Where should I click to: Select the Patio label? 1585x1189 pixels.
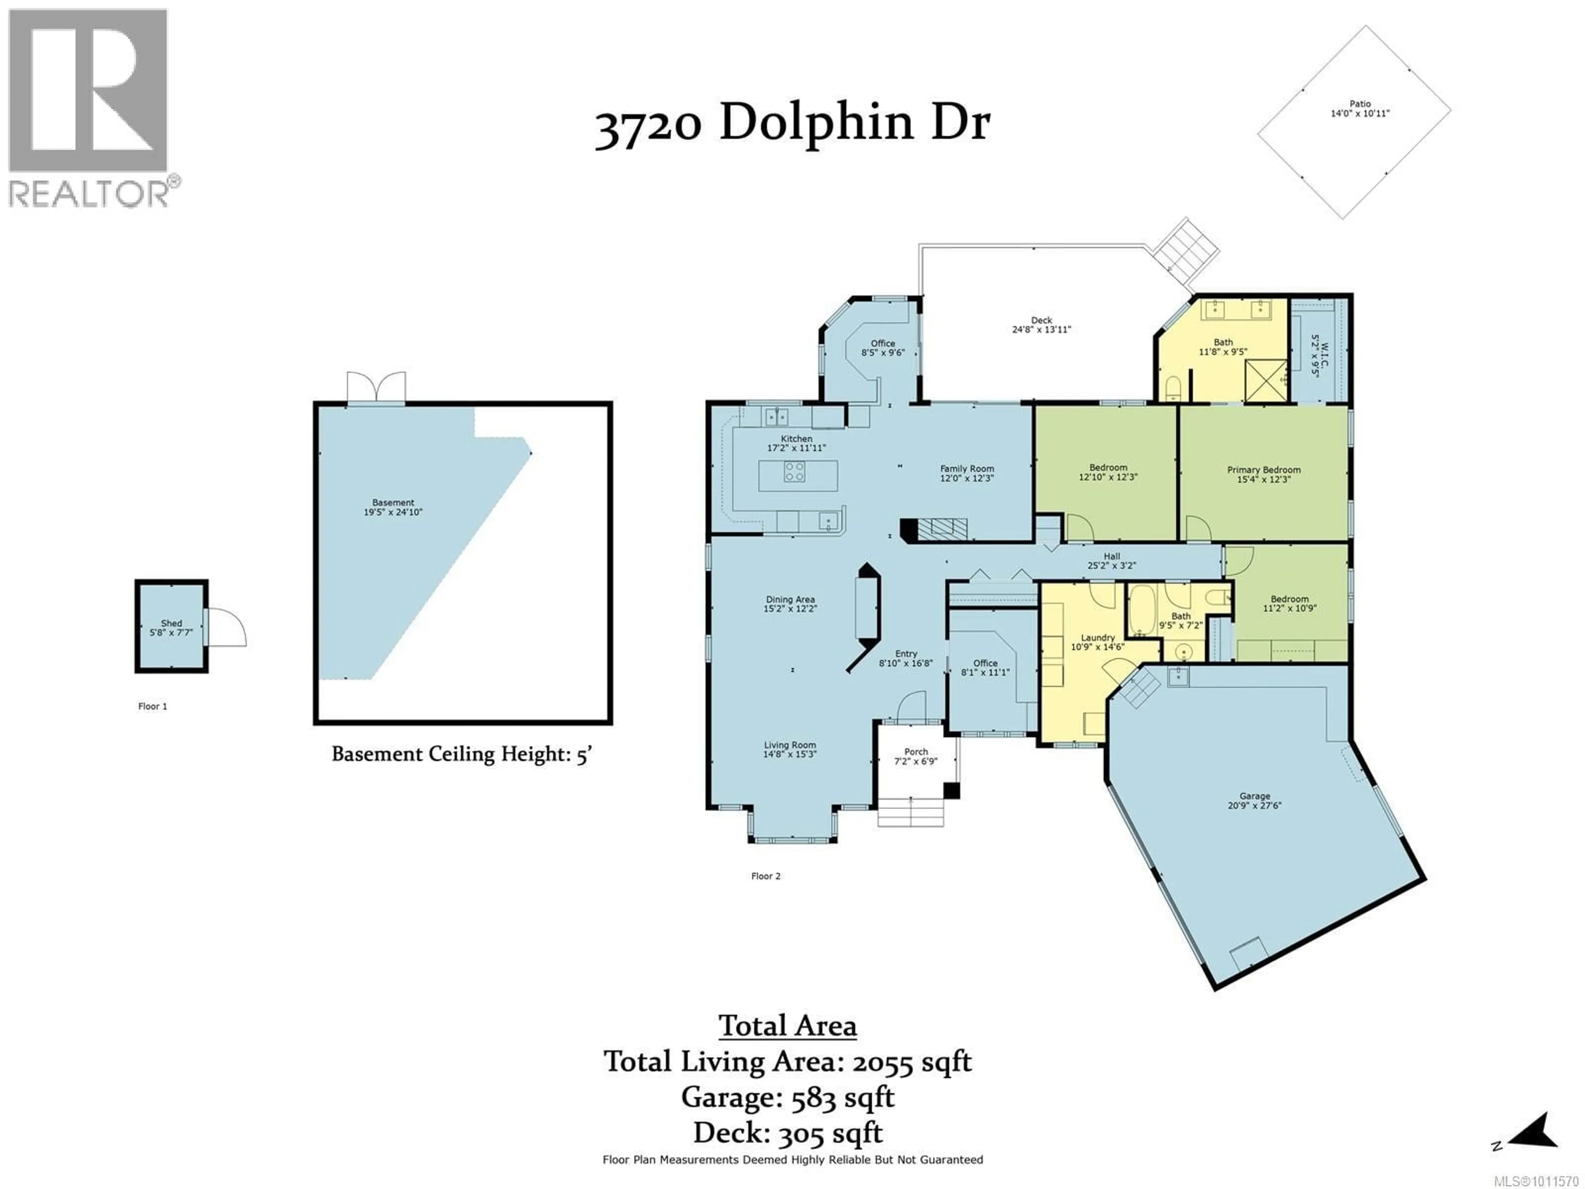(1360, 104)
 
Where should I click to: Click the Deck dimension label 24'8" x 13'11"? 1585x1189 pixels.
(1041, 330)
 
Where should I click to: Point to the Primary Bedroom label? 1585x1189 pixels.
(1264, 470)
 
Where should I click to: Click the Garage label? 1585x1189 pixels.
(1255, 796)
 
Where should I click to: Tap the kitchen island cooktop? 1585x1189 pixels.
(794, 471)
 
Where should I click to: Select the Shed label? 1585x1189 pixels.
(171, 623)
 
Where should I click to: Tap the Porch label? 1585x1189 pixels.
(916, 752)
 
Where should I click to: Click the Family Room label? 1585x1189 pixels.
(968, 469)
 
